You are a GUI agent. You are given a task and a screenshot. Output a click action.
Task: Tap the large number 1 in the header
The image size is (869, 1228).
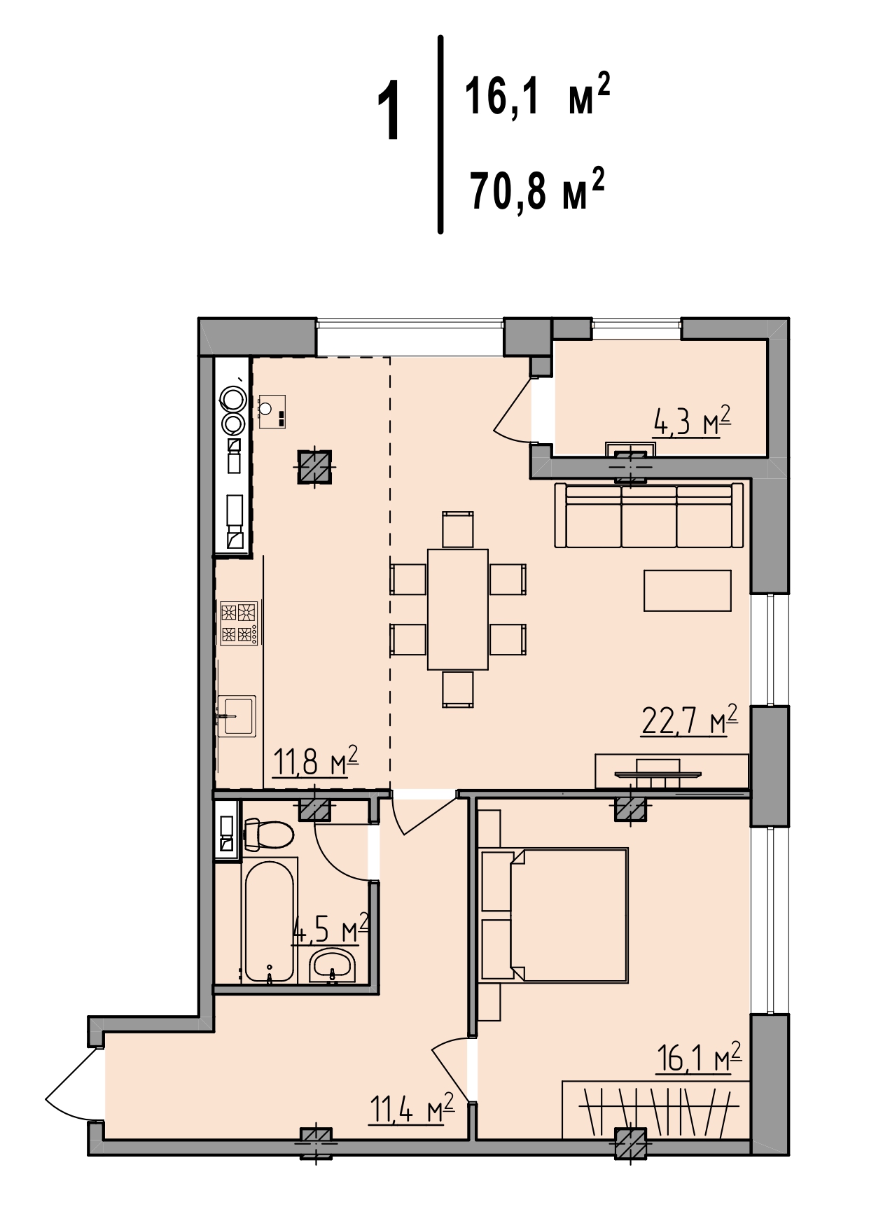point(389,111)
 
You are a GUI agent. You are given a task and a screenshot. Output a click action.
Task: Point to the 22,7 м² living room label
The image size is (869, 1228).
point(690,720)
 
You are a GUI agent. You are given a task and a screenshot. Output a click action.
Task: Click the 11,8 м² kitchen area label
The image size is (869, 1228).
point(316,761)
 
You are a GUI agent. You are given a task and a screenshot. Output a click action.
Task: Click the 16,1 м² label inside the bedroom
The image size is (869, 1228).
point(698,1057)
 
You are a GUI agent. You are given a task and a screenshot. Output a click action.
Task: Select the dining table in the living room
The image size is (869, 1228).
point(458,609)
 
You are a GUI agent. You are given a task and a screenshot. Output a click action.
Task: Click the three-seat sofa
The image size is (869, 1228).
point(649,515)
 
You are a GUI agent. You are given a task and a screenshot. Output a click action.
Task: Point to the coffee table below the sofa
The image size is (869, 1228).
point(688,590)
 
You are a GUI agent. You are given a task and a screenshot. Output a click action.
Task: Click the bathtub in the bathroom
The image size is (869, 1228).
point(269,919)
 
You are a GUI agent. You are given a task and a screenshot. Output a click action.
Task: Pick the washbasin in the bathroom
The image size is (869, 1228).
point(333,965)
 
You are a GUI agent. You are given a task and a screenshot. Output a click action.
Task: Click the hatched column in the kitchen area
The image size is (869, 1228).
point(314,466)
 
